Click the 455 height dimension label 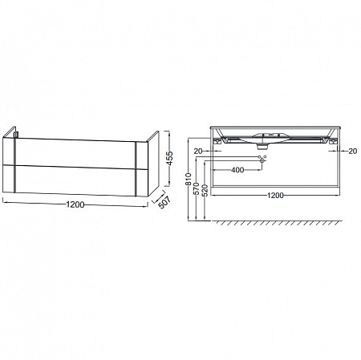coord(169,158)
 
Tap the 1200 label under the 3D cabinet coord(75,204)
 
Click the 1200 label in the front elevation coord(275,196)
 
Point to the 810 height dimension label coord(189,179)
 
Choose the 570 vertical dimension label coord(196,189)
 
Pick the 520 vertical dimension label coord(205,190)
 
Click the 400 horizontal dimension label coord(237,170)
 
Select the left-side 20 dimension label coord(198,151)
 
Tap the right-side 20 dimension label coord(353,151)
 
